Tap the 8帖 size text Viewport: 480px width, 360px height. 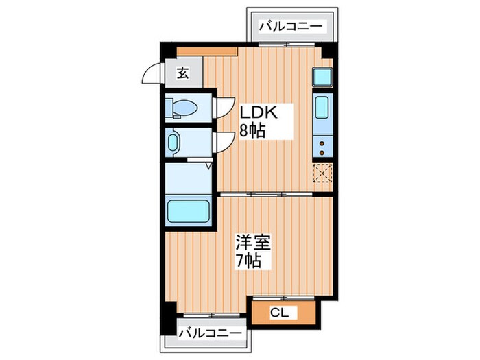(x=252, y=130)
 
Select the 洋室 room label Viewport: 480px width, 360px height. (x=254, y=243)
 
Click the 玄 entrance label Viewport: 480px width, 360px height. (x=184, y=72)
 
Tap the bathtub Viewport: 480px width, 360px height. (x=189, y=211)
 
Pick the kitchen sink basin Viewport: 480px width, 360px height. (x=322, y=108)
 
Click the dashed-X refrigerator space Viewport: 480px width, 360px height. (x=322, y=174)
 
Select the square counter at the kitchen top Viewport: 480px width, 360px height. (x=322, y=77)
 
